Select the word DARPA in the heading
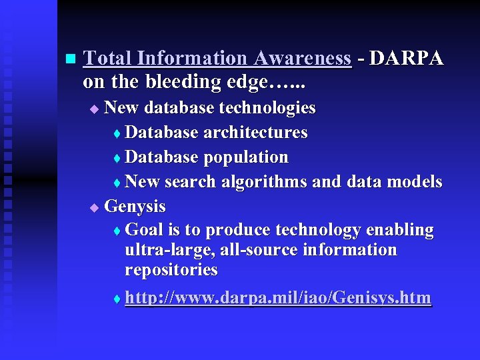pos(406,59)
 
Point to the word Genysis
pos(135,206)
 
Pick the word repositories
pos(171,270)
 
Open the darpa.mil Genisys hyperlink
pos(278,298)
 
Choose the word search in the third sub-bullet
pos(189,182)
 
